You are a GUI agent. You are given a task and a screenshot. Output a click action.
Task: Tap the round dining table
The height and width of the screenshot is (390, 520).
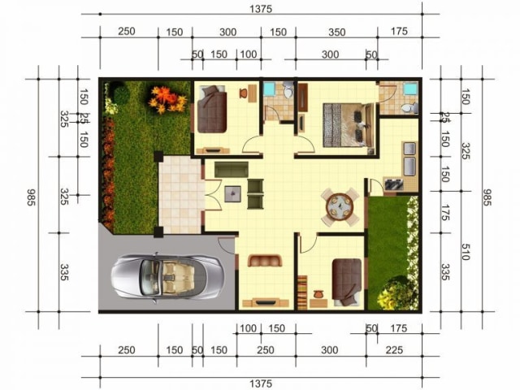[340, 208]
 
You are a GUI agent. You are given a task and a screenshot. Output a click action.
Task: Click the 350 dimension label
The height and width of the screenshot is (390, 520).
[337, 32]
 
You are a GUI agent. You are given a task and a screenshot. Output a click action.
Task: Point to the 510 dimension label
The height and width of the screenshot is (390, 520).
[466, 252]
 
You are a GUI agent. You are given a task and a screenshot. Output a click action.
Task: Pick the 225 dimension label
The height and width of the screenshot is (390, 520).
[394, 350]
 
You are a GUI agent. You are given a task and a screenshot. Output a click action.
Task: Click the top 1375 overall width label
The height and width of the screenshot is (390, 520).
[261, 9]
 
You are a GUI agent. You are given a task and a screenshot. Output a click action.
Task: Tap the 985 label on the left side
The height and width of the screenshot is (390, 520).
[31, 197]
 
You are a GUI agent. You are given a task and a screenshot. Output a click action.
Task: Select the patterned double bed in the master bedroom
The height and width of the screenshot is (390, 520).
[349, 125]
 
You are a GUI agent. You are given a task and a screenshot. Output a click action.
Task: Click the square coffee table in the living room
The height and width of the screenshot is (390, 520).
[232, 194]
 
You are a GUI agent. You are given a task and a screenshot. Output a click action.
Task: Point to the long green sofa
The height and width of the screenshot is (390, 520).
[231, 170]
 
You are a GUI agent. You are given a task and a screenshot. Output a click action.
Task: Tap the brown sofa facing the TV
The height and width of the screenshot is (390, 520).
[265, 261]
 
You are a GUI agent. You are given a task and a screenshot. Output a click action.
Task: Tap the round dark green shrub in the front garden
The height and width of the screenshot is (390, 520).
[121, 95]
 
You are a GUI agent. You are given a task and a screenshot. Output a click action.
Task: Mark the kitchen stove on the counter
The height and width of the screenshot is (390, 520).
[393, 184]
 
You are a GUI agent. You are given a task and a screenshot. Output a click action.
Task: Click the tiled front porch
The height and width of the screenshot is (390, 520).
[180, 195]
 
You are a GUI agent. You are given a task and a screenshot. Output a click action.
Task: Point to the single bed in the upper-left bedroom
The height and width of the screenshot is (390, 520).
[212, 109]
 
